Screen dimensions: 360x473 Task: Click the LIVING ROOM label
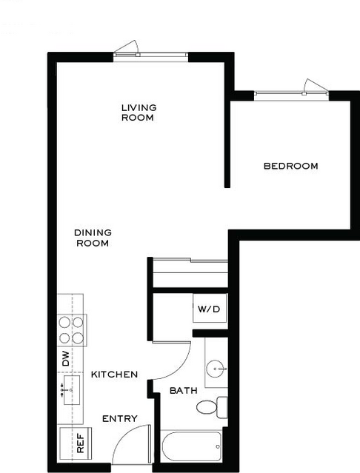[x=139, y=113]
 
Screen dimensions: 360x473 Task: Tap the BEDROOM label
[x=291, y=166]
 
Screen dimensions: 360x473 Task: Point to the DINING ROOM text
[x=93, y=238]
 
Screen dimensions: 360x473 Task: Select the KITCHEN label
[x=114, y=375]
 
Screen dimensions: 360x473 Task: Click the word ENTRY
[x=120, y=418]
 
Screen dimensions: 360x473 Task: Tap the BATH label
[x=184, y=391]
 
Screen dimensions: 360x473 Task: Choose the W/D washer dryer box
[x=210, y=308]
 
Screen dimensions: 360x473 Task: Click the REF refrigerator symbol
[x=76, y=443]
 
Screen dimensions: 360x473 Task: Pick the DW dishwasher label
[x=65, y=358]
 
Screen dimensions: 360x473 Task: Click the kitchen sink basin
[x=72, y=390]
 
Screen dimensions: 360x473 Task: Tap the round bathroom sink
[x=215, y=369]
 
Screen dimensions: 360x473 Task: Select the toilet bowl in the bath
[x=207, y=407]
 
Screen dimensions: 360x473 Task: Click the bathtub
[x=191, y=446]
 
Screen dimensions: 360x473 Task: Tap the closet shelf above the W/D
[x=190, y=272]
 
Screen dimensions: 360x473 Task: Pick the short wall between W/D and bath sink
[x=210, y=333]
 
